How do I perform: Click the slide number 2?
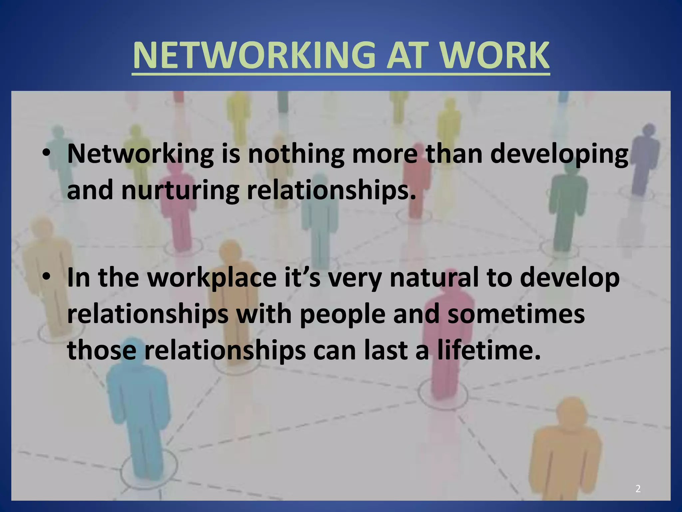[638, 489]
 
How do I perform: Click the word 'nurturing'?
[180, 191]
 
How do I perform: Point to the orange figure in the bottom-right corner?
[566, 450]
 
